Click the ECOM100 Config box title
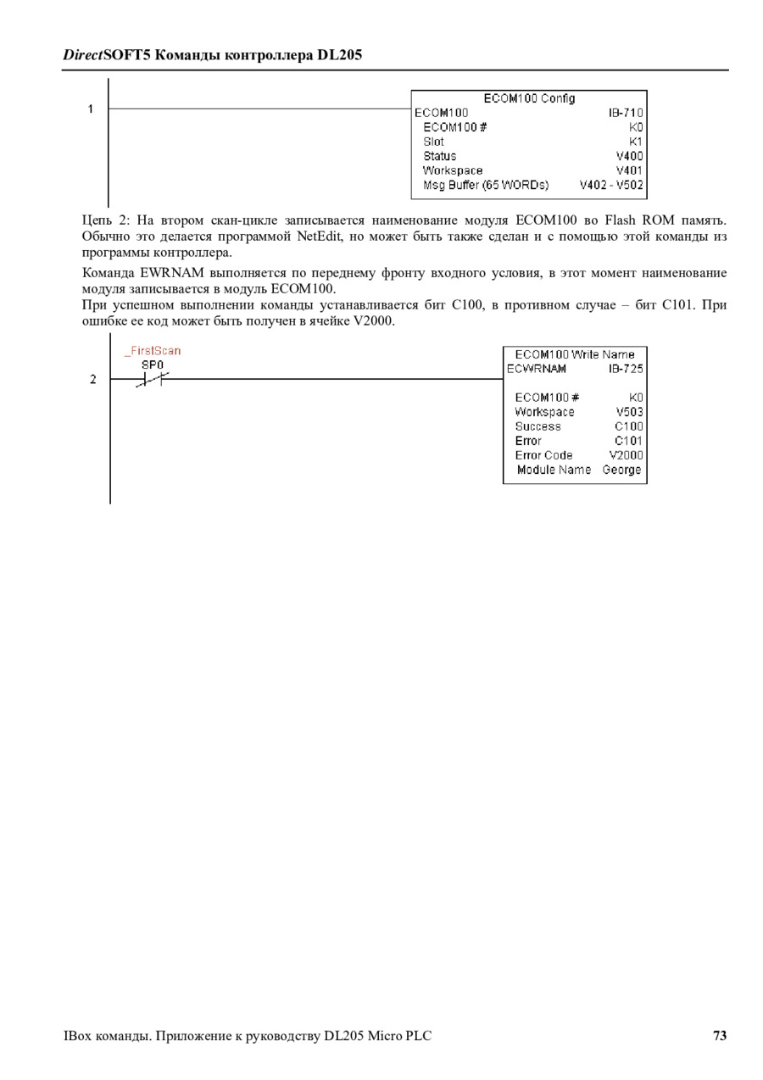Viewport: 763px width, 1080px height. tap(529, 98)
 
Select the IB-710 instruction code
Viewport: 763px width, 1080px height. tap(626, 113)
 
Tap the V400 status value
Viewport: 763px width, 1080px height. tap(630, 156)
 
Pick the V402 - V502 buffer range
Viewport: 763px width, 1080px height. tap(611, 185)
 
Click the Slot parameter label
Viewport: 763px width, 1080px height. tap(433, 142)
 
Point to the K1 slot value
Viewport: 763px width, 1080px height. tap(636, 142)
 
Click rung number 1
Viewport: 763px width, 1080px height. tap(90, 109)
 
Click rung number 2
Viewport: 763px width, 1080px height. tap(93, 379)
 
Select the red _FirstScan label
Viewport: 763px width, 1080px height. tap(153, 351)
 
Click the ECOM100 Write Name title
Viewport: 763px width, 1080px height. tap(575, 354)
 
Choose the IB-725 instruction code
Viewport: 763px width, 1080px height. tap(626, 369)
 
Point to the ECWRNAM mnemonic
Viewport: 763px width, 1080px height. tap(537, 369)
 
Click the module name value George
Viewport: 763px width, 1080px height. tap(621, 470)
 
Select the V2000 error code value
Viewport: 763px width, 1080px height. tap(626, 455)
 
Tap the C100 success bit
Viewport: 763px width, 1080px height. tap(629, 426)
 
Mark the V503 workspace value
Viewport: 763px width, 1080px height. tap(630, 412)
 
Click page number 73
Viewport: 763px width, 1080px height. tap(720, 1035)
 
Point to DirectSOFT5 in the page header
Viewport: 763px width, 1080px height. tap(107, 55)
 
